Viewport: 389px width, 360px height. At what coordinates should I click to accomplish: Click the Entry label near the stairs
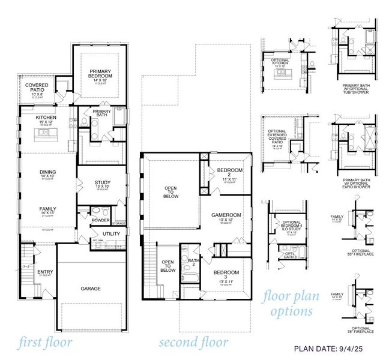pyautogui.click(x=45, y=272)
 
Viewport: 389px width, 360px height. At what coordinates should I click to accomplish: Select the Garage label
pyautogui.click(x=91, y=289)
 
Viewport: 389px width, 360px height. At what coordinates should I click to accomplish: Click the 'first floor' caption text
pyautogui.click(x=45, y=343)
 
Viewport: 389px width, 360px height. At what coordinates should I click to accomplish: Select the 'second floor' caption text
pyautogui.click(x=193, y=343)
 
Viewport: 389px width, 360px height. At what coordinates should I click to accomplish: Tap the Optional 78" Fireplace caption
pyautogui.click(x=361, y=330)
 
